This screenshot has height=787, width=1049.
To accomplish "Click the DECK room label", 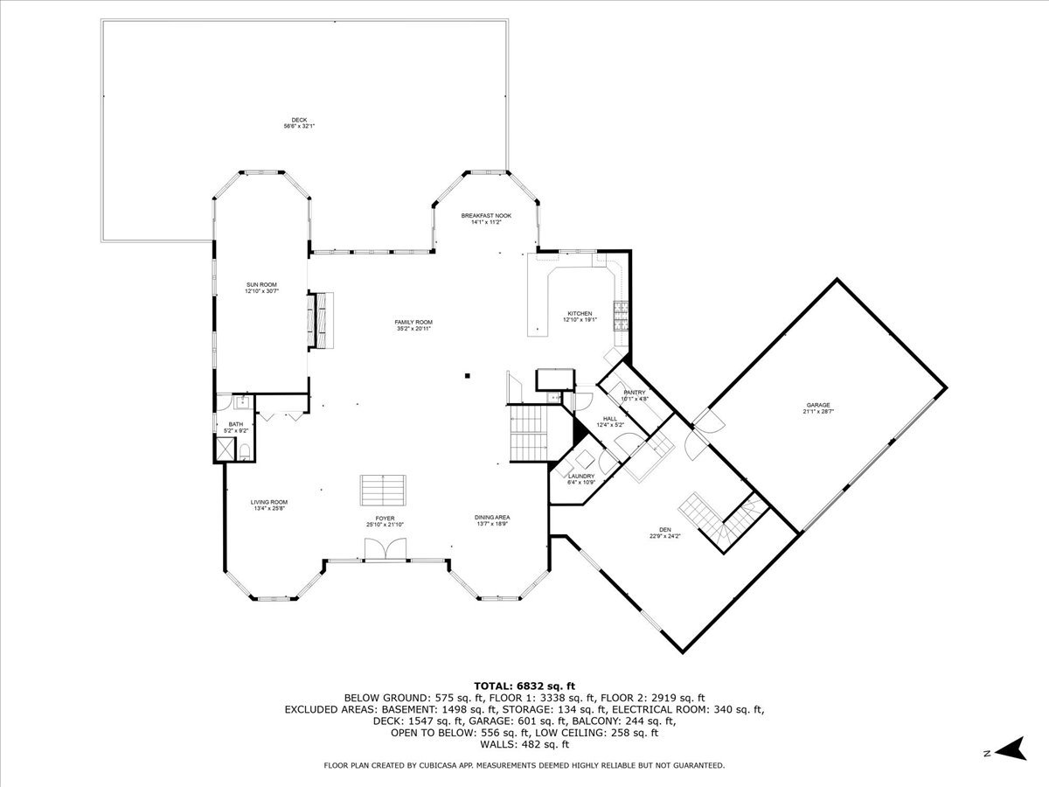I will click(299, 120).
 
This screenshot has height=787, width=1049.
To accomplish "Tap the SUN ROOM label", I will click(261, 285).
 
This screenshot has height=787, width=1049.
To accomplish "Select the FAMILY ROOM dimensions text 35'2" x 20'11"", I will click(413, 329).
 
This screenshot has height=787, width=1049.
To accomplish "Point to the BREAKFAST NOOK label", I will click(486, 215).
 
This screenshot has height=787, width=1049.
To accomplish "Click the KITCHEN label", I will click(579, 313).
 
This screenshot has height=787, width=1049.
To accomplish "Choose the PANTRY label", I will click(634, 393).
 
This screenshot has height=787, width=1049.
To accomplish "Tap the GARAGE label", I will click(818, 405).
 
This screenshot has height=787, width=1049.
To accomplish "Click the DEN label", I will click(666, 529).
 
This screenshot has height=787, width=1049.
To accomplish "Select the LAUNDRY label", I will click(581, 476).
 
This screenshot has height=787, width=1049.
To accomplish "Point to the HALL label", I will click(609, 419).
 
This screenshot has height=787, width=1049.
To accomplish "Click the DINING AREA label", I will click(491, 517).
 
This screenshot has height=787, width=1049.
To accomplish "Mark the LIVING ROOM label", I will click(269, 502).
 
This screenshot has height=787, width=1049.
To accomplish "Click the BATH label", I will click(224, 424).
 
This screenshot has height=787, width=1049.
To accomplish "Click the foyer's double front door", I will click(385, 548).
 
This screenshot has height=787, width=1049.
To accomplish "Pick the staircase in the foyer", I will click(384, 490).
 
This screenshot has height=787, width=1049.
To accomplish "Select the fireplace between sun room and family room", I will click(320, 320).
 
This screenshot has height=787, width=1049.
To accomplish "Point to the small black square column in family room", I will click(468, 376).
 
